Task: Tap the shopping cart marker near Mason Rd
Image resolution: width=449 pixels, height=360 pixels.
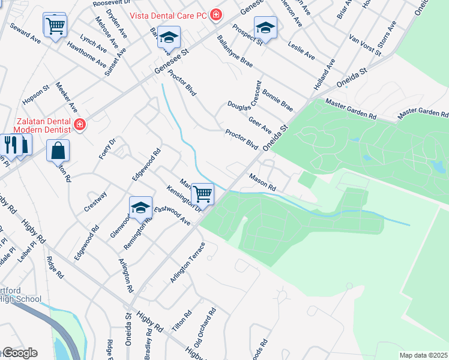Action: (x=203, y=195)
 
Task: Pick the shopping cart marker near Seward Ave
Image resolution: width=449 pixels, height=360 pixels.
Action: (x=55, y=26)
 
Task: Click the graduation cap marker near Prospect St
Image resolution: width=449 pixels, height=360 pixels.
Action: (x=265, y=27)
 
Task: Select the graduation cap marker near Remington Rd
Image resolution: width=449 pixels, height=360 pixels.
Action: (x=140, y=208)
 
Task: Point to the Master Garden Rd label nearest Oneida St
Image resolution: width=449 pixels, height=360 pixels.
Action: (x=351, y=110)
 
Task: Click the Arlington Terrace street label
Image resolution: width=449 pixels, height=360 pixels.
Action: (x=187, y=263)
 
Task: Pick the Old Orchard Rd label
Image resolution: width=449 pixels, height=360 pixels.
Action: (x=205, y=328)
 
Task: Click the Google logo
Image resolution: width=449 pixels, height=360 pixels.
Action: (x=19, y=353)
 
